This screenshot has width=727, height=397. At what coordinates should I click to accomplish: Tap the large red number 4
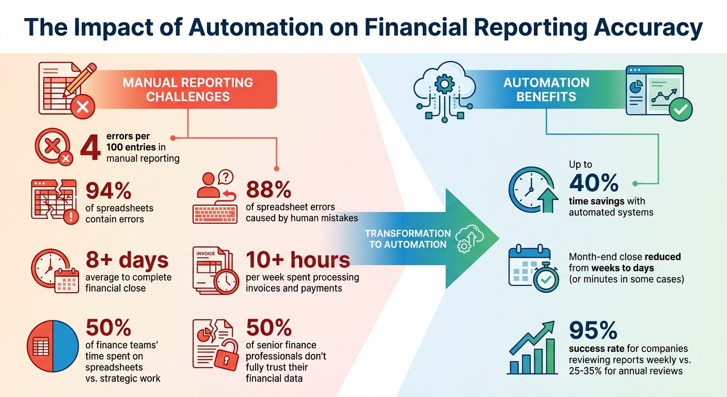pos(90,147)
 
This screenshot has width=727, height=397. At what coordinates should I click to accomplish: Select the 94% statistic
pos(108,191)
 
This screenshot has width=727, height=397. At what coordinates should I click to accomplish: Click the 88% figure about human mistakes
pos(268,190)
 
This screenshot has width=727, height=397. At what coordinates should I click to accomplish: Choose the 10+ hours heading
pos(298,260)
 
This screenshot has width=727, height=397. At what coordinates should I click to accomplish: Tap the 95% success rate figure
pos(593,330)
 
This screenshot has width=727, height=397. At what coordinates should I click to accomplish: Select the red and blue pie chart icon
pos(53,346)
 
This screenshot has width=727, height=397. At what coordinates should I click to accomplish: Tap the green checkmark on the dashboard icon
pos(680,109)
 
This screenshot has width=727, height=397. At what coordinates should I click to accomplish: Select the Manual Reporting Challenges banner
pos(187,89)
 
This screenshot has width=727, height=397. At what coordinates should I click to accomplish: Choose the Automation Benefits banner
pos(546,89)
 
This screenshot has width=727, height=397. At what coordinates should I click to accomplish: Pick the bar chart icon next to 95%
pos(532,348)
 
